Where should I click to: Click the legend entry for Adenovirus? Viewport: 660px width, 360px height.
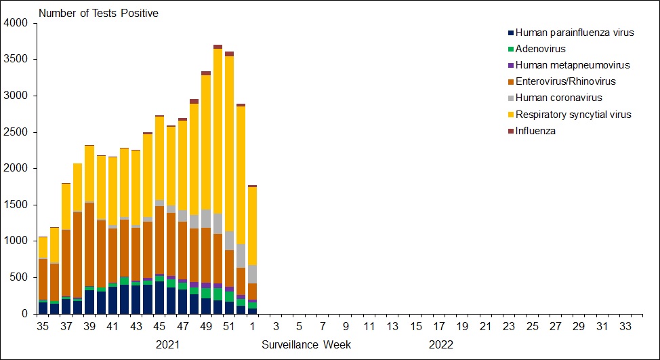point(540,49)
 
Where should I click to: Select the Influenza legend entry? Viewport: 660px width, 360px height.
point(535,131)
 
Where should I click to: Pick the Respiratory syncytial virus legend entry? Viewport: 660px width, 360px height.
point(573,115)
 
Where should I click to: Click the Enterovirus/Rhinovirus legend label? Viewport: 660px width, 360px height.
point(565,81)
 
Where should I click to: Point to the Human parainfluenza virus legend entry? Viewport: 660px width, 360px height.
point(575,33)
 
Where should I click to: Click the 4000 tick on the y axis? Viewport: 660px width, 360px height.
point(16,23)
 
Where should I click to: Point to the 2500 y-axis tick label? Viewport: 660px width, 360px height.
point(16,132)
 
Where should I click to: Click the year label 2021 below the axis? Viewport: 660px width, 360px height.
point(168,344)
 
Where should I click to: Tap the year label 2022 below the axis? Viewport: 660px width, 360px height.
point(440,344)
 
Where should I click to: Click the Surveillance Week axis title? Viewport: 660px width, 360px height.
point(306,344)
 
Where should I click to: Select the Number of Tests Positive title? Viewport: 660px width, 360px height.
point(98,14)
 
